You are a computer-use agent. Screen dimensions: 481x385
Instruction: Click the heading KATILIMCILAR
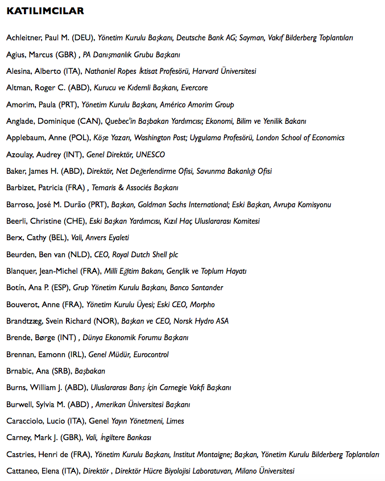[x=45, y=11]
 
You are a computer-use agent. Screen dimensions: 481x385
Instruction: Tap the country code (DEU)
[x=82, y=38]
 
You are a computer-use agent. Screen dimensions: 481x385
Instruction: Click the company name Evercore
[x=194, y=88]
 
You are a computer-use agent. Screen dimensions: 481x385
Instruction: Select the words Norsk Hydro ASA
[x=201, y=321]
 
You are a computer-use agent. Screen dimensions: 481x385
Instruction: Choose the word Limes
[x=173, y=421]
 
